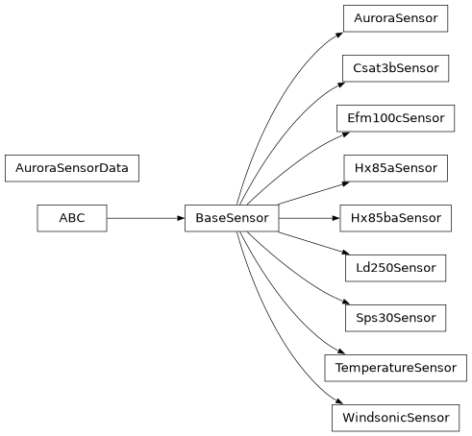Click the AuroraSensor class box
[x=395, y=18]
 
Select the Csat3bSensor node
[x=395, y=68]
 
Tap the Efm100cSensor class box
[x=395, y=118]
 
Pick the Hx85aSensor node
[x=395, y=168]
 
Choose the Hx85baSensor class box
[x=395, y=218]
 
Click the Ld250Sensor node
[x=395, y=268]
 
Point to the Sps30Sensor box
[x=395, y=318]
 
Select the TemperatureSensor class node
[x=395, y=368]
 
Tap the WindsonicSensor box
[x=395, y=418]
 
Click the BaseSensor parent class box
[x=232, y=218]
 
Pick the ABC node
[x=71, y=218]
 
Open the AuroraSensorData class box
[x=72, y=168]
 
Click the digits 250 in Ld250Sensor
[x=381, y=268]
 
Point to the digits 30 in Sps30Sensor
[x=385, y=318]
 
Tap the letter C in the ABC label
[x=80, y=218]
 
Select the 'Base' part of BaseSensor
[x=211, y=218]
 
